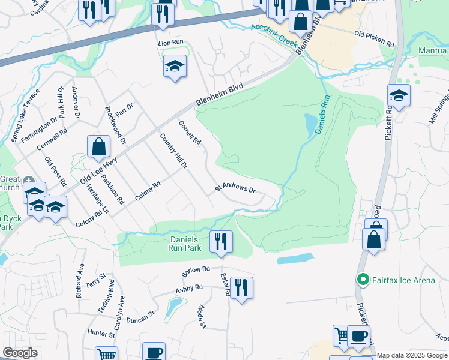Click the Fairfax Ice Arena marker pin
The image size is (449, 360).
point(363,280)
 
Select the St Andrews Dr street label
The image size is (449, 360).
point(235,189)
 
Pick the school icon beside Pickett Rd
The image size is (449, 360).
point(399,95)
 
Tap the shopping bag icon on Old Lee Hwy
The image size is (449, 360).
point(98,146)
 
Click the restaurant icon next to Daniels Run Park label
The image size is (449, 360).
point(221,241)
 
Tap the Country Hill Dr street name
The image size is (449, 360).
point(173,151)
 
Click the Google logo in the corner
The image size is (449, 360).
point(20,353)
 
